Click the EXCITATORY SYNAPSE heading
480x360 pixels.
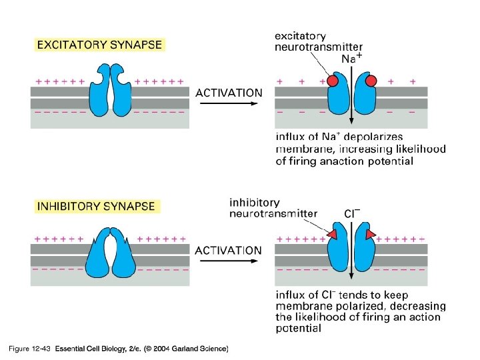click(x=99, y=46)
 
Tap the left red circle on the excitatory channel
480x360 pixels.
click(x=333, y=81)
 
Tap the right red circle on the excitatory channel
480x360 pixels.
click(x=371, y=81)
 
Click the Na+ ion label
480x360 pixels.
click(x=352, y=59)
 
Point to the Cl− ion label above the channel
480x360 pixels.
click(x=352, y=213)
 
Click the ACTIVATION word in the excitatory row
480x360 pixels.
click(x=229, y=93)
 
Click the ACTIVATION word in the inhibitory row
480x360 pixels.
click(x=228, y=250)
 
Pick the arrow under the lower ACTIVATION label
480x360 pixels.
click(x=228, y=261)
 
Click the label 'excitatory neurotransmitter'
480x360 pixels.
click(x=319, y=41)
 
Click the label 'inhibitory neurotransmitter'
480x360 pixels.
click(x=273, y=208)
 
